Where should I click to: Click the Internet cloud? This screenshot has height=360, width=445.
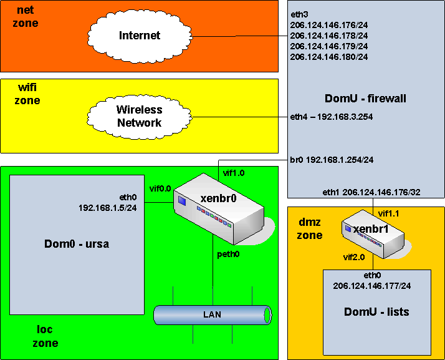point(140,36)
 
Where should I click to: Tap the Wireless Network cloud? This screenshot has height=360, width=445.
point(140,116)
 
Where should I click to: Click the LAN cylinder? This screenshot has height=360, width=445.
point(212,314)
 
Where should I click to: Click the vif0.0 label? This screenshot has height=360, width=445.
point(160,188)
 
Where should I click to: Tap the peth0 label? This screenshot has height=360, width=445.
point(228,255)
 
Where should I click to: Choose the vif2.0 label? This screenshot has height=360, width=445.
point(355,256)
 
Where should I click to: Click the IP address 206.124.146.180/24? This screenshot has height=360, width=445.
point(329,57)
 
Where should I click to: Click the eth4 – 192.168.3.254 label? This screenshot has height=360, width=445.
point(332,116)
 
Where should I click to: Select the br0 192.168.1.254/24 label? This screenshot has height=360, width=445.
point(332,160)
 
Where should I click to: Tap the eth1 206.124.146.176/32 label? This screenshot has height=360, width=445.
point(371,193)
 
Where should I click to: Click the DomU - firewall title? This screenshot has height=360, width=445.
point(365,98)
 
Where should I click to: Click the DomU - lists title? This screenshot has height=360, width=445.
point(376,311)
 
